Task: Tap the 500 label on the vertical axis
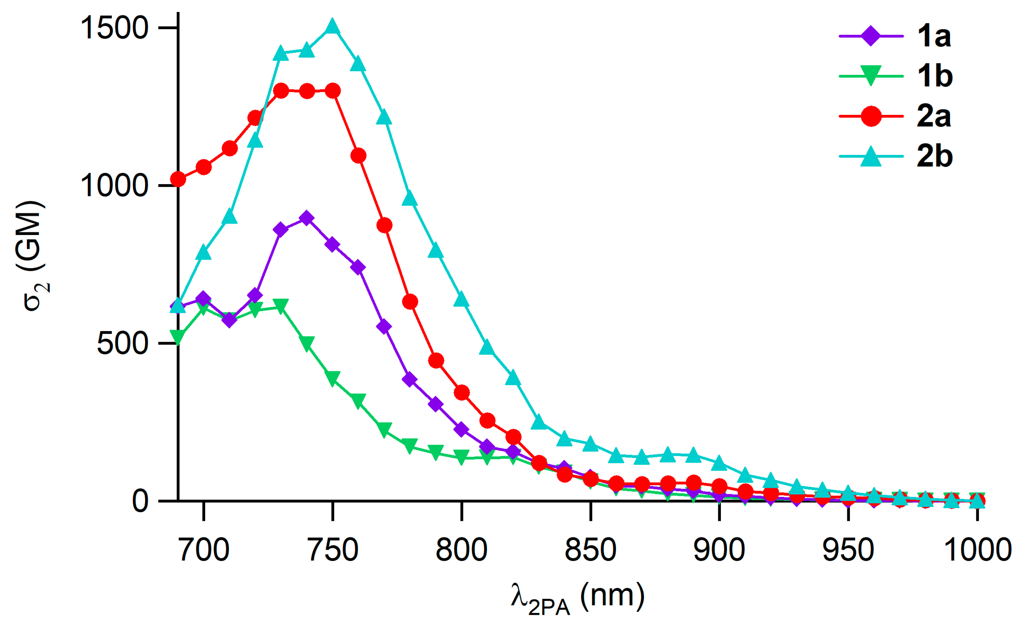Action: [123, 343]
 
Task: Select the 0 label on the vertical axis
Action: [140, 501]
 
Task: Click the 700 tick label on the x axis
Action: [204, 550]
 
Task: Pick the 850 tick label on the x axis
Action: [591, 550]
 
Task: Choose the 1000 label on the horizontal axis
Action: [977, 550]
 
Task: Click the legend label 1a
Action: [934, 36]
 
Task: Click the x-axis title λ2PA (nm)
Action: [577, 598]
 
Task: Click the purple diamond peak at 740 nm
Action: [306, 218]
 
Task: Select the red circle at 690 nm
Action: [178, 179]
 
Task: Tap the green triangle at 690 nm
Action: [178, 337]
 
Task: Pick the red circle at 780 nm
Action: [410, 302]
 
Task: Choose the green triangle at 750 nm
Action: [332, 378]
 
